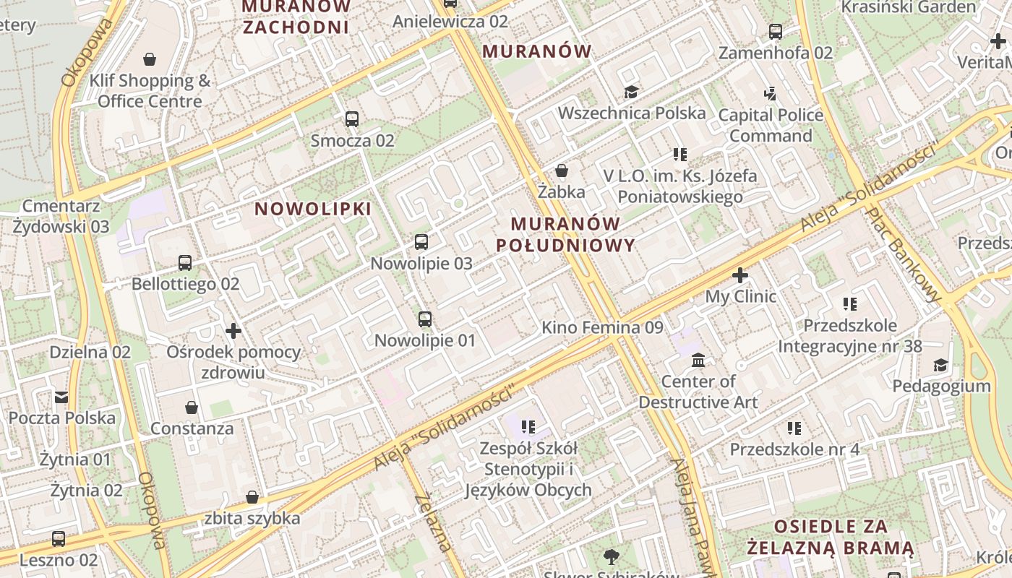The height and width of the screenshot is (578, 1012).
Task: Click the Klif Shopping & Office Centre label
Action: click(150, 91)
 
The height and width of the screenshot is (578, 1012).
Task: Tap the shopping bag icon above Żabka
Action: click(562, 171)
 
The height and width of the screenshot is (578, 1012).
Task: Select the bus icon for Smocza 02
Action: click(352, 119)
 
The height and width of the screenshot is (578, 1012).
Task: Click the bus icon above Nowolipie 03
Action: click(421, 242)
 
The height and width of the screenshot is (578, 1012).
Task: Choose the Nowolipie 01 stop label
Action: click(425, 340)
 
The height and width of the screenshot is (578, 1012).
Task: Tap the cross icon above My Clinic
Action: click(740, 275)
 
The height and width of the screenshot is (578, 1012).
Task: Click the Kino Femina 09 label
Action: click(602, 327)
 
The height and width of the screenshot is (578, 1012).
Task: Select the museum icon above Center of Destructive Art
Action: click(698, 360)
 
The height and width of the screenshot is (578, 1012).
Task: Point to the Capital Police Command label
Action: click(771, 126)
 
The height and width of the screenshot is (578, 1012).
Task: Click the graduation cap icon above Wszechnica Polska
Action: click(632, 92)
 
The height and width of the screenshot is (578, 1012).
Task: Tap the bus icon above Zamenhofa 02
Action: click(776, 32)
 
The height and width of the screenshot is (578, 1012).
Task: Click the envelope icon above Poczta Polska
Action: click(61, 397)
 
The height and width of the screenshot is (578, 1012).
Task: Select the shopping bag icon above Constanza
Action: click(192, 408)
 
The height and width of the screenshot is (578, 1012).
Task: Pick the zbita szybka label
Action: click(252, 518)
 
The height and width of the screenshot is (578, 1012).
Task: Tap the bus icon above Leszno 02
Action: click(59, 539)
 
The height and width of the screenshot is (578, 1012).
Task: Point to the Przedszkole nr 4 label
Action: click(794, 449)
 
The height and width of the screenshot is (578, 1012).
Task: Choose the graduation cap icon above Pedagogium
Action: click(940, 366)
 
